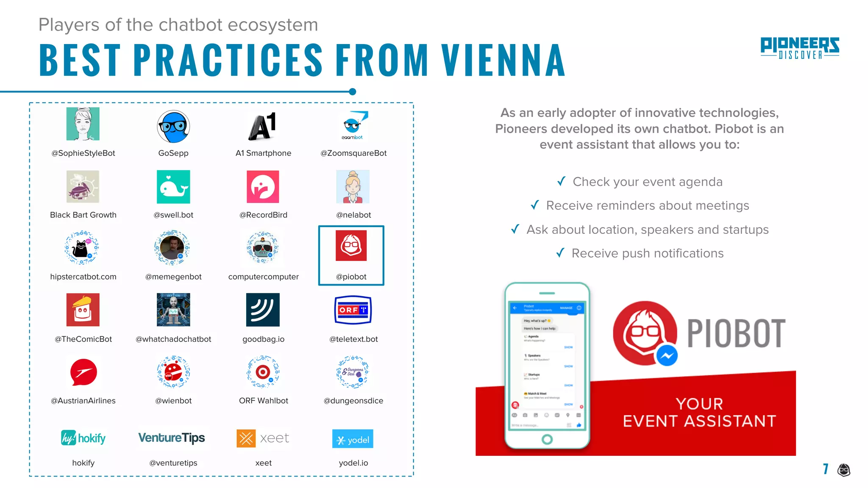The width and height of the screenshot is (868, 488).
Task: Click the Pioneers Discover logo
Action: click(x=799, y=48)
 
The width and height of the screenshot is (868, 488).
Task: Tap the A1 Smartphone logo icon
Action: click(x=263, y=126)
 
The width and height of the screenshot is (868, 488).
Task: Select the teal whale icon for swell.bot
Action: click(x=173, y=187)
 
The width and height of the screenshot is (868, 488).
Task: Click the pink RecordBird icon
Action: click(x=263, y=187)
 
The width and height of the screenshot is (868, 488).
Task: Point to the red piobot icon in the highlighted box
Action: click(x=351, y=246)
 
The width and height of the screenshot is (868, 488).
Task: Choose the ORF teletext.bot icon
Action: click(x=353, y=310)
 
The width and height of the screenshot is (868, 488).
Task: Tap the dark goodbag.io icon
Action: click(x=263, y=310)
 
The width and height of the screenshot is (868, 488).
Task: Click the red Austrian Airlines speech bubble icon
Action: click(x=83, y=372)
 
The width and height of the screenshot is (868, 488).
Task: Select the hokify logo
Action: click(x=83, y=438)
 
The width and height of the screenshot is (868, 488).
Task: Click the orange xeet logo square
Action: click(x=246, y=438)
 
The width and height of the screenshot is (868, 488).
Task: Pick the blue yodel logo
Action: click(x=353, y=439)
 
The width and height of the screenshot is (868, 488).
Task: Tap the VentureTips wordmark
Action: click(x=172, y=438)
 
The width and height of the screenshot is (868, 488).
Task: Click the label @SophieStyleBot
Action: click(x=83, y=153)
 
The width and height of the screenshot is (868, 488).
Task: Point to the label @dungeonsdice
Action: click(x=353, y=401)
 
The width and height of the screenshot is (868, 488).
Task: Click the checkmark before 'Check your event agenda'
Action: click(x=561, y=181)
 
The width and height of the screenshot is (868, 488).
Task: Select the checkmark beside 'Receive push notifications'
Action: click(x=560, y=253)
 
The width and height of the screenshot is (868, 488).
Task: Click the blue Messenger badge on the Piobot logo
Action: click(x=667, y=356)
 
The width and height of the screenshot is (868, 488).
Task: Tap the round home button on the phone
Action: click(x=547, y=439)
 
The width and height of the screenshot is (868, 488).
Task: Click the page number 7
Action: click(x=825, y=469)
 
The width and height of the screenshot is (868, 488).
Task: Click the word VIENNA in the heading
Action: click(x=503, y=60)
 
